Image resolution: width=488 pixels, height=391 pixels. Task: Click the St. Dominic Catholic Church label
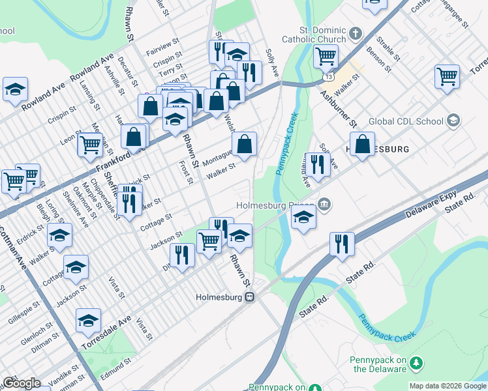pos(313,35)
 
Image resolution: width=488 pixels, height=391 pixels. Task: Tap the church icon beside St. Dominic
pos(355,33)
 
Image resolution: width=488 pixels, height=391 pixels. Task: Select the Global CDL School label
pos(404,121)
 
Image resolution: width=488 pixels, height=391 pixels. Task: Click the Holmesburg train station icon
pos(249,297)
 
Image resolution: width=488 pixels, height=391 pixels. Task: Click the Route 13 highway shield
pos(326,77)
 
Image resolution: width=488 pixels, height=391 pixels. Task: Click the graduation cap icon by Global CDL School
pos(453,121)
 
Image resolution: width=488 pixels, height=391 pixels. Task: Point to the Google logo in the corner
pos(21,383)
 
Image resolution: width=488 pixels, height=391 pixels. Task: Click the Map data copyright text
pos(448,386)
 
